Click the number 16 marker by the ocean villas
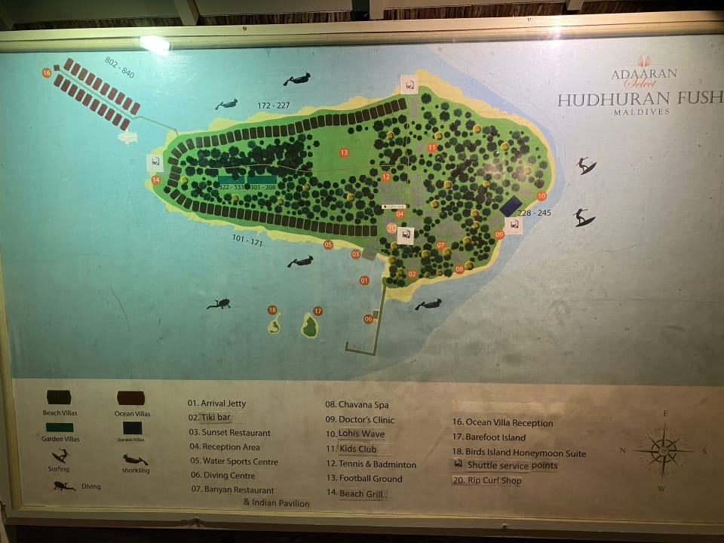pos(47,73)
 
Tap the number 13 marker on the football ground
pos(344,152)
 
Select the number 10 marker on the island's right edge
pos(541,195)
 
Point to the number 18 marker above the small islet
pos(272,310)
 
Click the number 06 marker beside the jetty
pos(368,319)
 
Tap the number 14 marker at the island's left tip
pos(156,179)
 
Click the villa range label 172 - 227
pos(273,106)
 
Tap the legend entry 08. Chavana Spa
pos(357,405)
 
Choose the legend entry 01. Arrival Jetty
pos(217,403)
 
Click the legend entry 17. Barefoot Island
pos(489,437)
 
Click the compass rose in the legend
pos(664,451)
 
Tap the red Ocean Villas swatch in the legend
pos(130,398)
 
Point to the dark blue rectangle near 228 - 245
pos(512,205)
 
